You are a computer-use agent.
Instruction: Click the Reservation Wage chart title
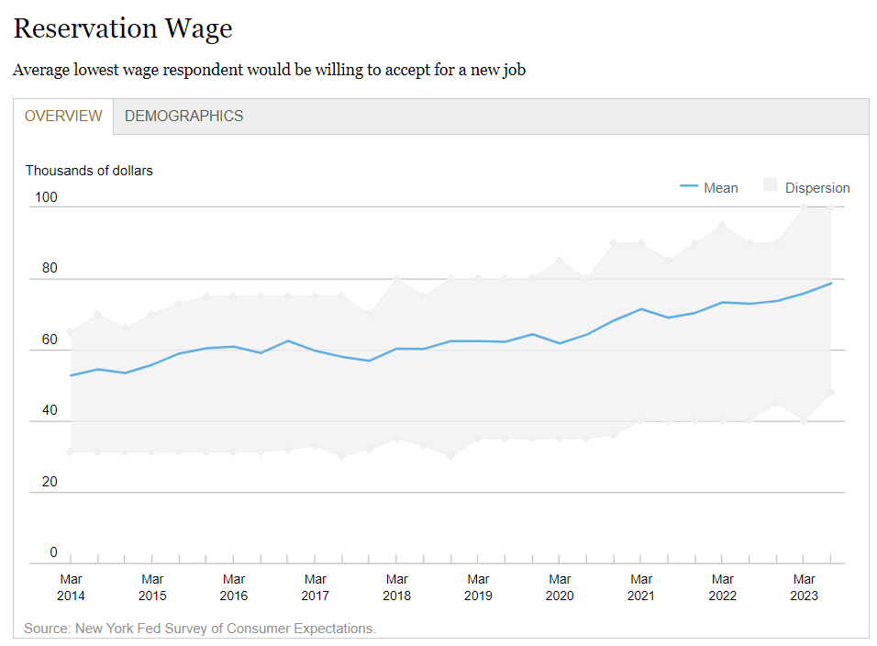click(x=123, y=29)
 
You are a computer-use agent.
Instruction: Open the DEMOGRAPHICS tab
click(x=183, y=117)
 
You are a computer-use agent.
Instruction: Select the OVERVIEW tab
click(x=63, y=117)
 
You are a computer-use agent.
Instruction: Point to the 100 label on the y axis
click(x=46, y=197)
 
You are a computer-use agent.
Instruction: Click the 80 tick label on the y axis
click(x=49, y=269)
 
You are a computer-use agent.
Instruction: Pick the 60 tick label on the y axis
click(x=49, y=340)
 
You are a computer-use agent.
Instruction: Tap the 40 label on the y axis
click(x=49, y=410)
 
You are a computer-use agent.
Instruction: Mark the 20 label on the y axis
click(x=49, y=482)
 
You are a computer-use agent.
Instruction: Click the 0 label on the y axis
click(x=53, y=552)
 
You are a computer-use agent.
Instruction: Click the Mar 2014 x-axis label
click(x=71, y=587)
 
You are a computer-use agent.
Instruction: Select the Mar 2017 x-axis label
click(x=315, y=587)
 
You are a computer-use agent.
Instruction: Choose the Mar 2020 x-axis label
click(x=560, y=587)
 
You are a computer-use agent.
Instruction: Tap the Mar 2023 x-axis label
click(x=804, y=587)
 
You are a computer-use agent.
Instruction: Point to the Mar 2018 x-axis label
click(x=396, y=587)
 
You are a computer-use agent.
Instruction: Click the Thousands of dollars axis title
click(x=89, y=171)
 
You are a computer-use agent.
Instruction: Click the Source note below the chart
click(x=200, y=629)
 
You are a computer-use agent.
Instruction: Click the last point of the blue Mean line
click(x=831, y=283)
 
